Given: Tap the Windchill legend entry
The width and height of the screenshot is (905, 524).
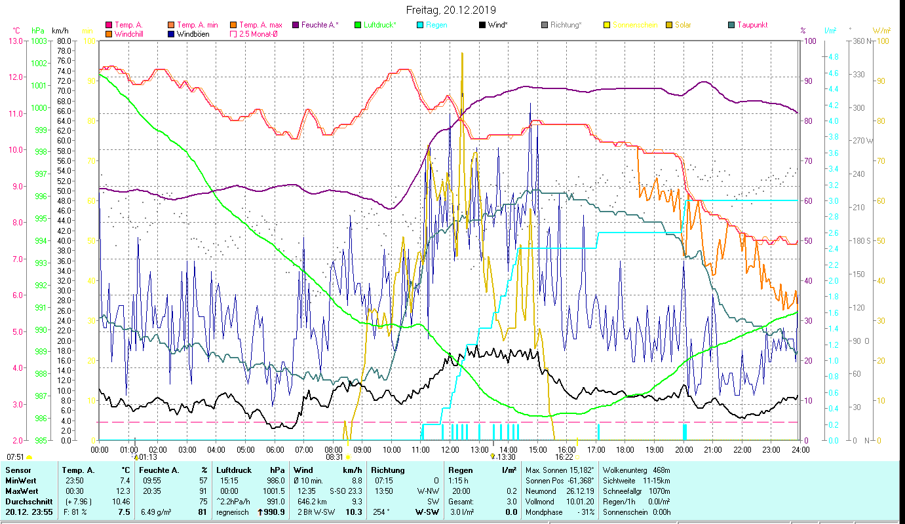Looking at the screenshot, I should [x=130, y=34].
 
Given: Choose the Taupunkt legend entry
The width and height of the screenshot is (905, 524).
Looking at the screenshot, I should [x=752, y=25].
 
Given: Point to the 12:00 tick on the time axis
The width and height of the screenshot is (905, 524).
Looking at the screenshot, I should [x=450, y=449].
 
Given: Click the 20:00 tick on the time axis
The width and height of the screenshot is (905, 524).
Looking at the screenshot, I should [x=684, y=449].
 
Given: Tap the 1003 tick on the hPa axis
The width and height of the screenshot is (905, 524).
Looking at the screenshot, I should [x=39, y=41].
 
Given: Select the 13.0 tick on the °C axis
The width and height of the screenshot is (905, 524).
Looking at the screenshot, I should [x=15, y=41].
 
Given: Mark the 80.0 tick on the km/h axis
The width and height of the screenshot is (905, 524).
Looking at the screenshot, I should [x=64, y=41].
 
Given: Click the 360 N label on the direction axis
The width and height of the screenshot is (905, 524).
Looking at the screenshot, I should [x=862, y=41].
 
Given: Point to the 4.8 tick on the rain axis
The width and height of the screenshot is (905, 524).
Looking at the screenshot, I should [x=832, y=57].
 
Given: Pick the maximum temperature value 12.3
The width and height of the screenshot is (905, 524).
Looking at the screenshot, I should [x=124, y=491].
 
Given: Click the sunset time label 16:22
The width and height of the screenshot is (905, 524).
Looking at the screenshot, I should [x=564, y=457].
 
